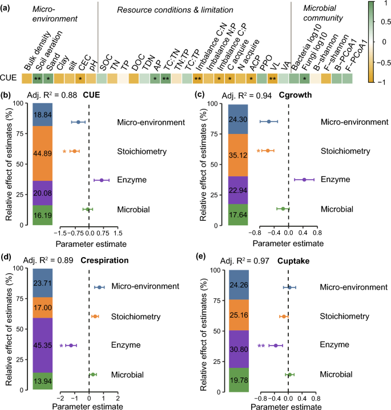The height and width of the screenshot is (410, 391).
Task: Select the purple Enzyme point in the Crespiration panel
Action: point(71,345)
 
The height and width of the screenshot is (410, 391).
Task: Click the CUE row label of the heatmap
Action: point(11,78)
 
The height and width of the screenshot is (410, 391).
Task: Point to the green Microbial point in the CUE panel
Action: point(87,210)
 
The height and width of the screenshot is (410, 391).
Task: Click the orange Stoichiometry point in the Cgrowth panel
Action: point(267,151)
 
